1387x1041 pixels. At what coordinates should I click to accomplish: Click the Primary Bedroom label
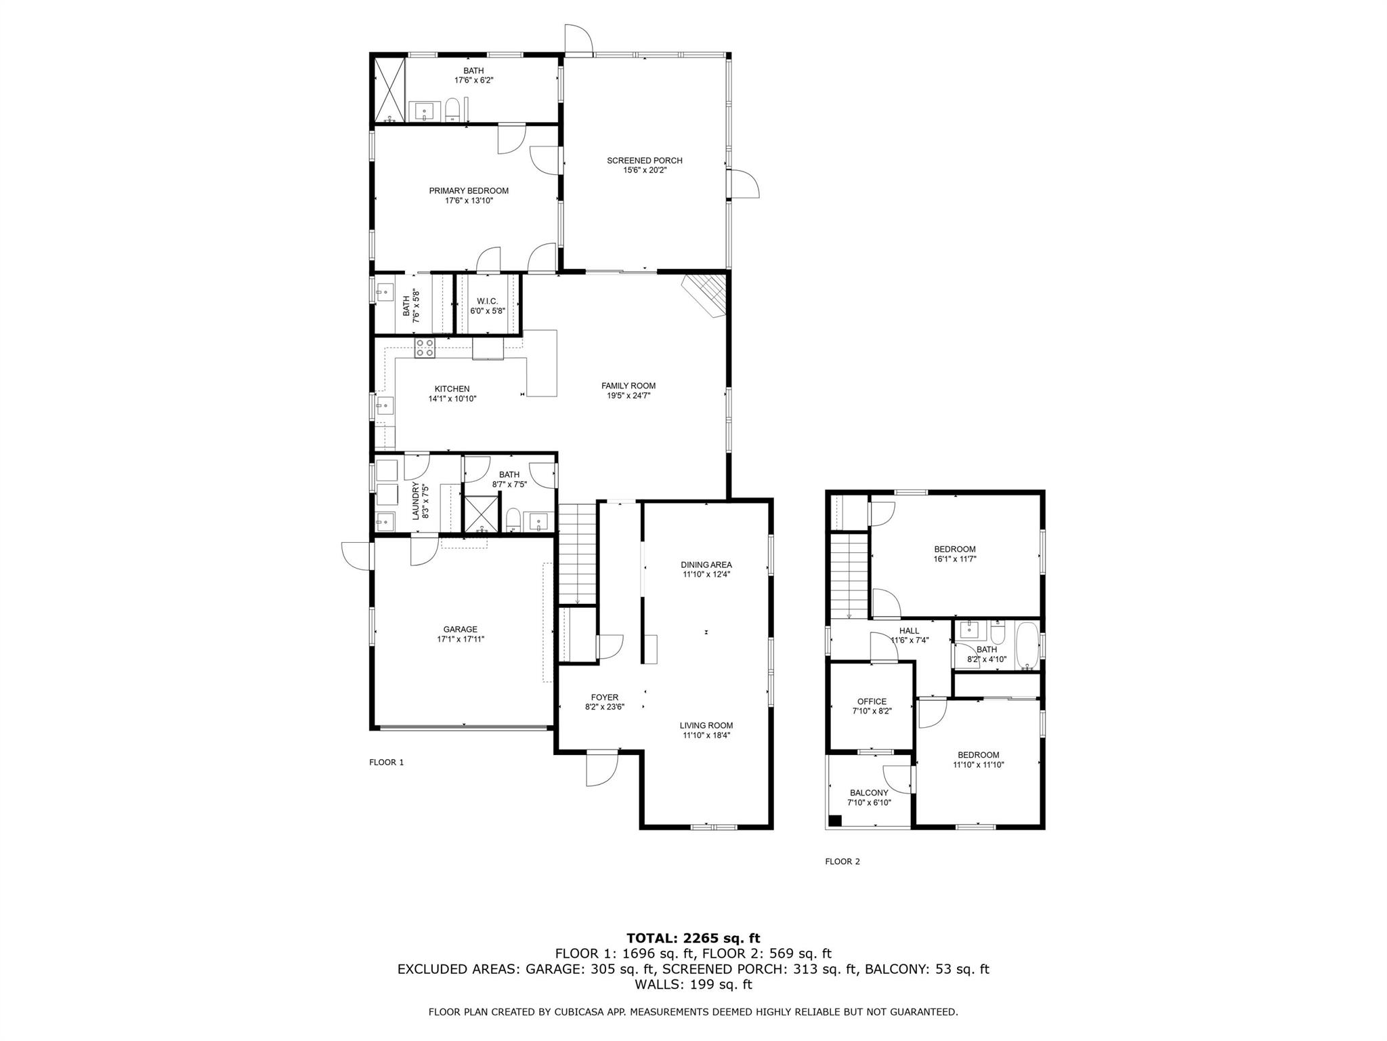click(x=468, y=191)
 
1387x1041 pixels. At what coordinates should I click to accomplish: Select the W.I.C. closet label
click(x=487, y=301)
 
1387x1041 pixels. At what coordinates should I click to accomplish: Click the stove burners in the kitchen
click(x=425, y=348)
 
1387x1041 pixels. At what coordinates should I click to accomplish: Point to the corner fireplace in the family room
click(x=706, y=294)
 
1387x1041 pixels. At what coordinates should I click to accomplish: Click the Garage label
click(x=460, y=630)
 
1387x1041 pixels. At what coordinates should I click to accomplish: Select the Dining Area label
click(x=706, y=565)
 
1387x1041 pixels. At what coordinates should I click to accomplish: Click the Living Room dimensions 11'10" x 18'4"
click(x=706, y=735)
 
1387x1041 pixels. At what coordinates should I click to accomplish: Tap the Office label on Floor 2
click(x=871, y=701)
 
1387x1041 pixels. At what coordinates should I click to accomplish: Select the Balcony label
click(x=868, y=793)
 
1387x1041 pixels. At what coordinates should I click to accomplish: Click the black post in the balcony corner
click(x=835, y=820)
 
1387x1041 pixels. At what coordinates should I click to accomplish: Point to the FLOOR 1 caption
click(x=386, y=762)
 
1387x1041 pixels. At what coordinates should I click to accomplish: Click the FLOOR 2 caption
click(x=842, y=862)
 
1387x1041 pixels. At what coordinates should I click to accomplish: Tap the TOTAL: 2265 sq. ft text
click(x=693, y=938)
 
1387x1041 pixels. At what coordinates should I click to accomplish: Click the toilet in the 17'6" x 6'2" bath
click(x=452, y=110)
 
